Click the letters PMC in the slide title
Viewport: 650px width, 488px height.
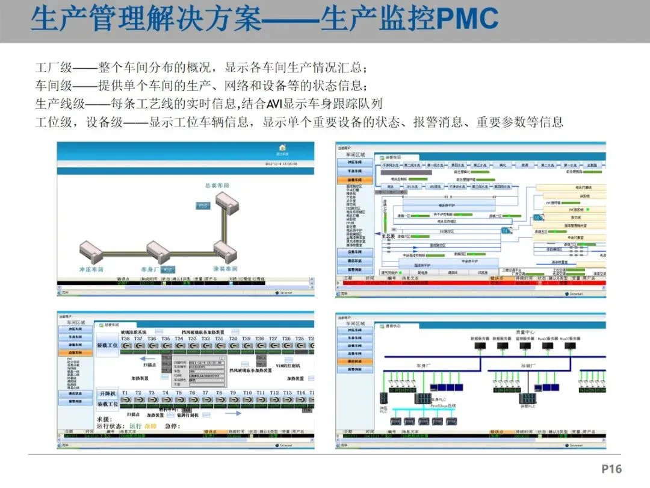pos(467,19)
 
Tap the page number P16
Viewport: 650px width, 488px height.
pos(611,469)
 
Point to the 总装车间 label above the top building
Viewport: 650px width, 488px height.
pos(217,186)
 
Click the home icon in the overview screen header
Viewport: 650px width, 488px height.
pos(282,147)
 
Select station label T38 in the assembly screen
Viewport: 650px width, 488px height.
pos(126,339)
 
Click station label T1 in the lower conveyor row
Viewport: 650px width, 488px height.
pos(125,393)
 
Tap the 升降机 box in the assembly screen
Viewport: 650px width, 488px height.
pos(108,393)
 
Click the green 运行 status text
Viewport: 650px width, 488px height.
pos(135,426)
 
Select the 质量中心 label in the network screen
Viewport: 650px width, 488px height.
pos(525,332)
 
